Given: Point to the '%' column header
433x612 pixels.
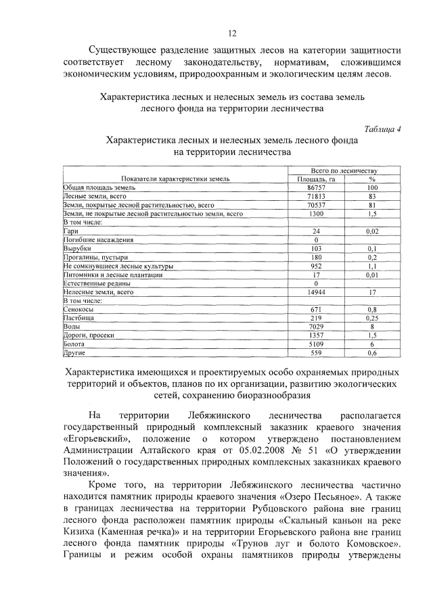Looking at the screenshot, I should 371,179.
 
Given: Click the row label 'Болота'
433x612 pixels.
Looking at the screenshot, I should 73,344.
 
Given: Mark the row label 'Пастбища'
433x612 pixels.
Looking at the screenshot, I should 76,317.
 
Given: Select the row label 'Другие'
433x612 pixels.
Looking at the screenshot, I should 73,352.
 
